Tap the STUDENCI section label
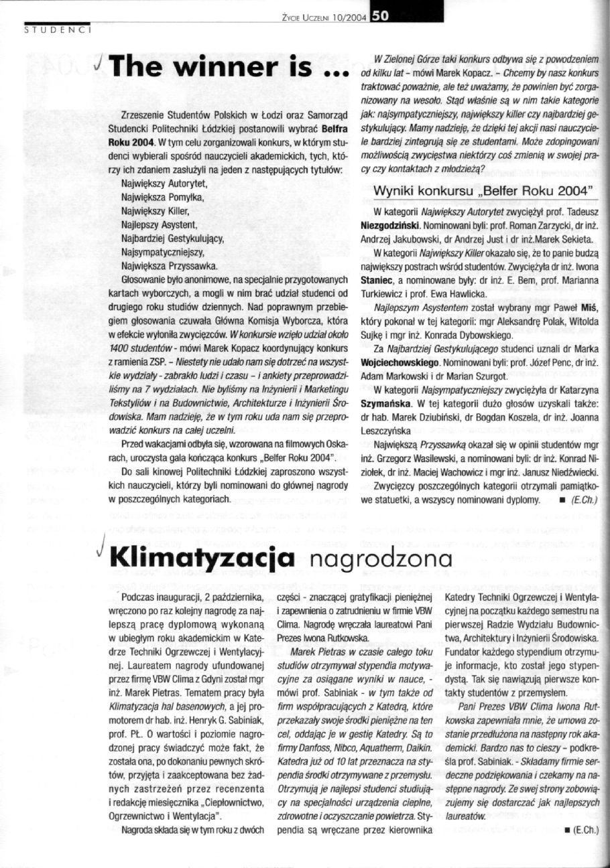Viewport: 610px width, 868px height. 57,29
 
